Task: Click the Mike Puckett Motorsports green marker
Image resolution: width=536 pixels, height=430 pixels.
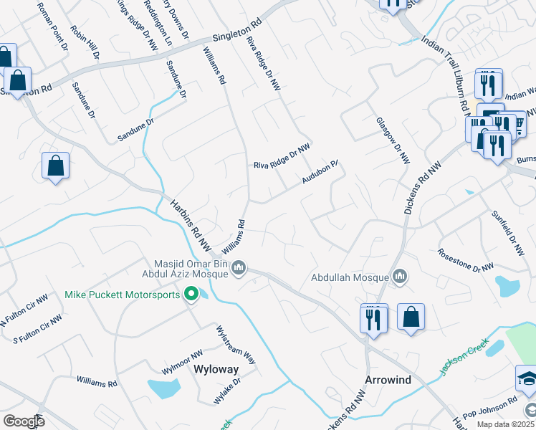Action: point(191,295)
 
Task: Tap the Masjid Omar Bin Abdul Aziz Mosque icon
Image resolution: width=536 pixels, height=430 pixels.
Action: point(239,269)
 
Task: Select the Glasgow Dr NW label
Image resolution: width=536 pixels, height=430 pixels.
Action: point(393,140)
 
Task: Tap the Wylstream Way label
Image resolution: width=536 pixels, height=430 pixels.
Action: point(236,345)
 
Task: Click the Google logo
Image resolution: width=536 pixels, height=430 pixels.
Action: point(24,421)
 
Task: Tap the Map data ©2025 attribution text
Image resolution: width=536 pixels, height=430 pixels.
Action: point(505,424)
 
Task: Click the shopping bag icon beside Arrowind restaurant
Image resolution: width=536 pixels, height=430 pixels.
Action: point(411,317)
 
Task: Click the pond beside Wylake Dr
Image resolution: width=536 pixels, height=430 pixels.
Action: point(165,388)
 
